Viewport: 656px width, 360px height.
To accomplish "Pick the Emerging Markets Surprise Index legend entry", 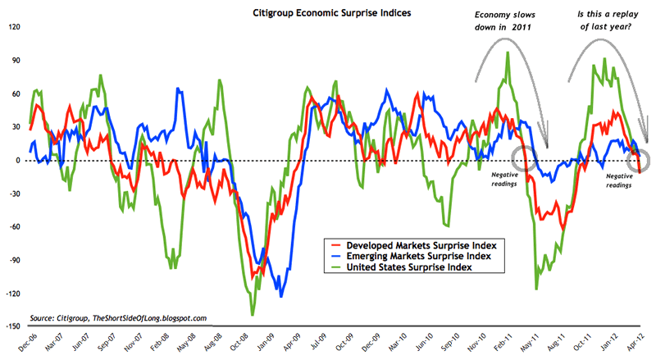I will (x=408, y=257).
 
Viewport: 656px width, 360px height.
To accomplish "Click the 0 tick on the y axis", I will (x=16, y=160).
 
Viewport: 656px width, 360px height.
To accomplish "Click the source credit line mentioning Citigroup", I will (x=118, y=317).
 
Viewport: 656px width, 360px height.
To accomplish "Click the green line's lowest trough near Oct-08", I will (x=253, y=314).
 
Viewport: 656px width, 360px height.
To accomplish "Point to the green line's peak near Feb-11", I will (x=508, y=53).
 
